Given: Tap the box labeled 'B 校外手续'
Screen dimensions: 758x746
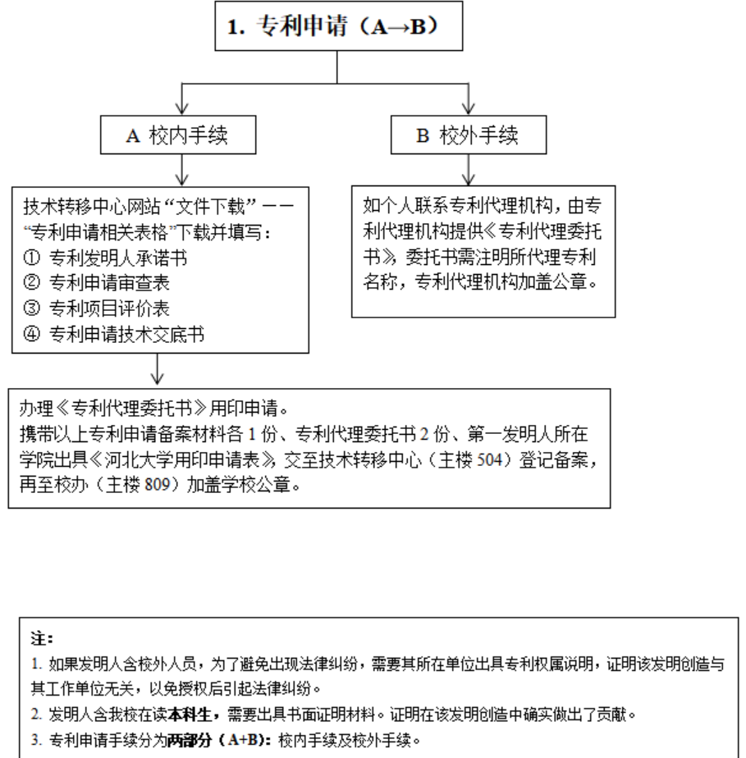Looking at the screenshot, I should pos(469,135).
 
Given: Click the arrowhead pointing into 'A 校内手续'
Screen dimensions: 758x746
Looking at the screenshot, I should pos(182,108).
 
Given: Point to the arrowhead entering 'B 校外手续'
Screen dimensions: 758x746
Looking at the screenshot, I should pos(469,108).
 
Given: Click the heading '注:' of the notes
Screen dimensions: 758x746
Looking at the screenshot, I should pos(41,637).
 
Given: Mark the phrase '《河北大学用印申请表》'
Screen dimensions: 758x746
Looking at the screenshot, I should pos(161,460).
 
